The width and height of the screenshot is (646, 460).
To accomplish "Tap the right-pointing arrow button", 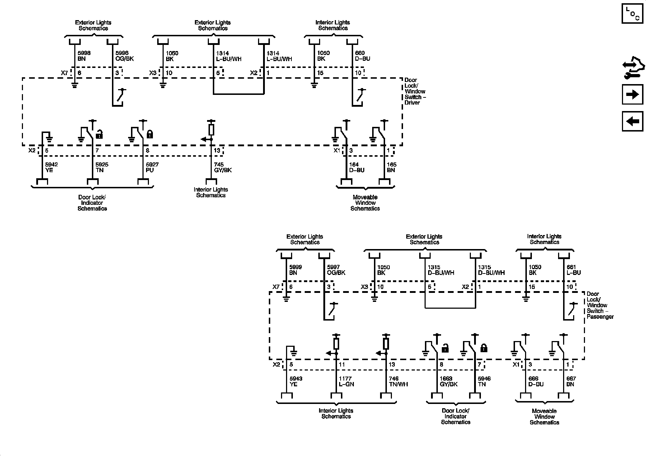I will point(632,95).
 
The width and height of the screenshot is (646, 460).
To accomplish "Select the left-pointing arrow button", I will point(632,121).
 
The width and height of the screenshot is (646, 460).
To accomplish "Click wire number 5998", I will point(84,53).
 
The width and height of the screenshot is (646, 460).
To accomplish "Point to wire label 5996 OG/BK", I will point(125,56).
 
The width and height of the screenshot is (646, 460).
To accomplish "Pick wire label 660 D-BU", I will point(362,56).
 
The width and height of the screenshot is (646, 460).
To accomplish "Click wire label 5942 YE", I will point(51,167).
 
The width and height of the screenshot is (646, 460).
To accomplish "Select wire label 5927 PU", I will point(152,167).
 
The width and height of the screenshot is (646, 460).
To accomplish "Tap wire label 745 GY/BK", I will point(223,167).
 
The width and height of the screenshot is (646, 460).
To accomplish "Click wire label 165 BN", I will point(392,167).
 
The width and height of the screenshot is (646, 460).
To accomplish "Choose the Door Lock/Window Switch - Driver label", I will point(415,91).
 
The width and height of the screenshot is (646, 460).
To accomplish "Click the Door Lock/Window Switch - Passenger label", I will point(600,305).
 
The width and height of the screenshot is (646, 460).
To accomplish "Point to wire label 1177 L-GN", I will point(346,381).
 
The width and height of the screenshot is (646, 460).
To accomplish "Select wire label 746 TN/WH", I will point(398,381).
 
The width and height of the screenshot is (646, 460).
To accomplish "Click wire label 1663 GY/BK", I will point(449,381).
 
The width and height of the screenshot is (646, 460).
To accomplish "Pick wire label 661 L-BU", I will point(574,270).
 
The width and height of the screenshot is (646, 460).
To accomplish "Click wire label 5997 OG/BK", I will point(336,270).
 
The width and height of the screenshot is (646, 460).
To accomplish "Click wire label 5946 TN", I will point(484,381).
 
